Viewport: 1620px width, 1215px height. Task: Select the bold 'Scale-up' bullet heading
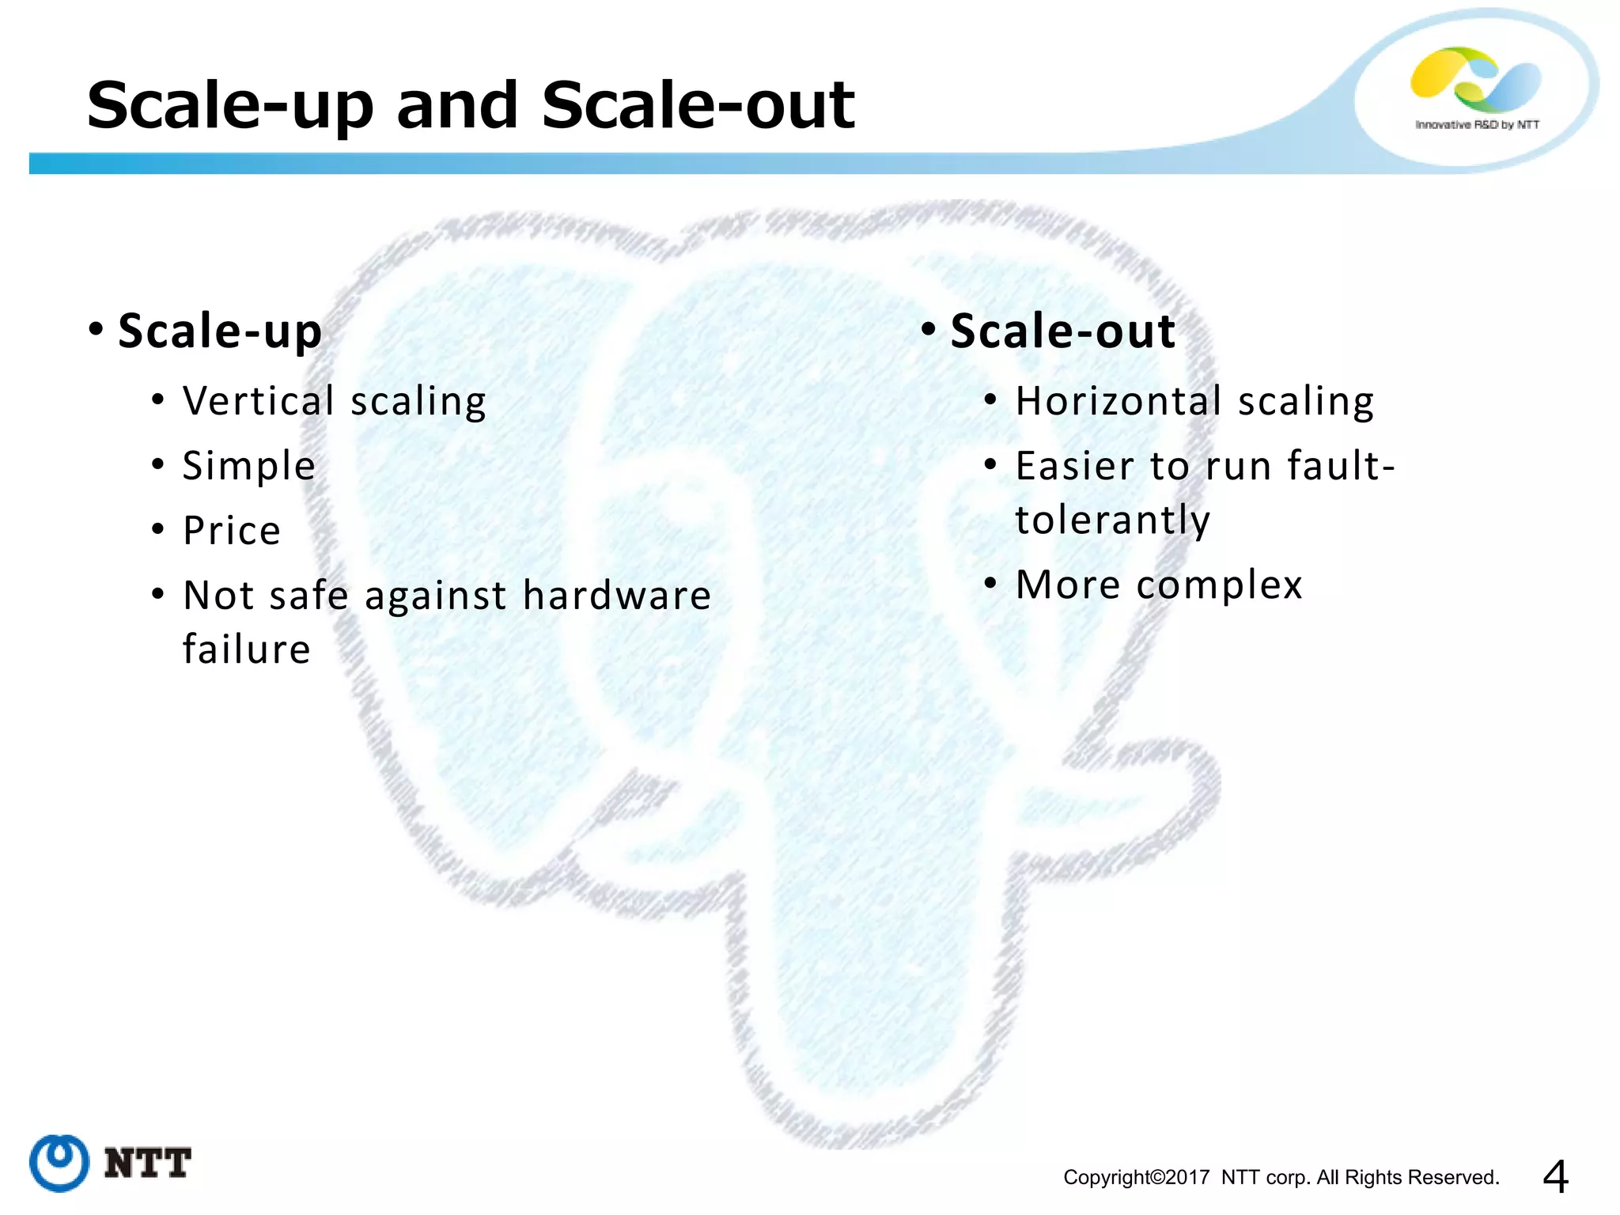[220, 331]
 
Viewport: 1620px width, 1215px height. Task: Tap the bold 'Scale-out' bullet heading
[1062, 331]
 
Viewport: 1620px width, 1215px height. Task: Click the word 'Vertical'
[259, 401]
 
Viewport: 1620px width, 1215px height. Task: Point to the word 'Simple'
[248, 466]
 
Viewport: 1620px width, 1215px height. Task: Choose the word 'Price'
[232, 531]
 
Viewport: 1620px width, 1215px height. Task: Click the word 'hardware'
[617, 595]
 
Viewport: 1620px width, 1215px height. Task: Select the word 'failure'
[246, 649]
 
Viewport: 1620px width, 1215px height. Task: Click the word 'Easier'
[1075, 466]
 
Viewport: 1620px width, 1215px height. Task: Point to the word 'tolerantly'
[1112, 520]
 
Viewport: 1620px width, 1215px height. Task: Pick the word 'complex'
[1219, 585]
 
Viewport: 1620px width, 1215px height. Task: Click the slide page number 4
[1555, 1176]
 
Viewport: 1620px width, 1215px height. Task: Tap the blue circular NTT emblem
[59, 1163]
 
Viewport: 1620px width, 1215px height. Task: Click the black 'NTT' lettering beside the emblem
[147, 1164]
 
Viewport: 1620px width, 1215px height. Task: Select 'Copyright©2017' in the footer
[1136, 1178]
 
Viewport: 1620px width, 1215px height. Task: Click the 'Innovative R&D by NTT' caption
[1477, 125]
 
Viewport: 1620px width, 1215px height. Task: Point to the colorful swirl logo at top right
[1475, 79]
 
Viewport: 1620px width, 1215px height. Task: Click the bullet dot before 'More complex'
[990, 584]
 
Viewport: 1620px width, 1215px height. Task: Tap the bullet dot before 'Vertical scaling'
[158, 399]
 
